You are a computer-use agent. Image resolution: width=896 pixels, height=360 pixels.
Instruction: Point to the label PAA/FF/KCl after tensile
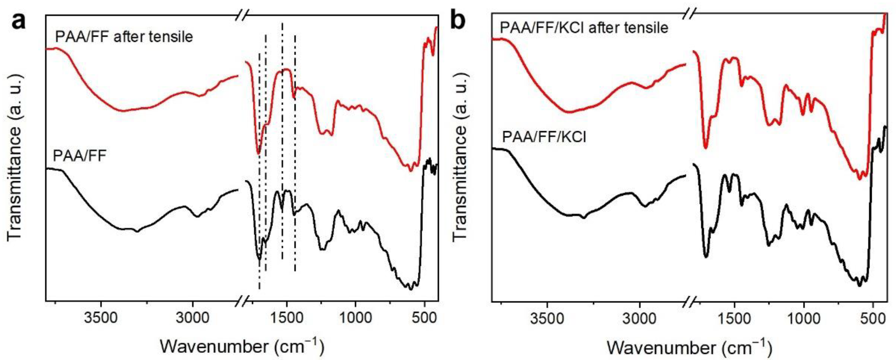pyautogui.click(x=584, y=28)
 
